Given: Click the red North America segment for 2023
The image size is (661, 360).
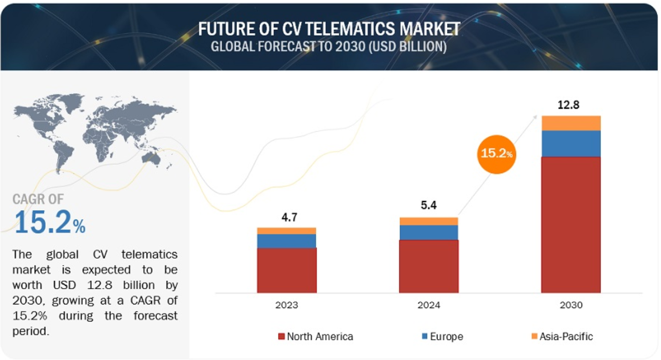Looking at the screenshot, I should [286, 270].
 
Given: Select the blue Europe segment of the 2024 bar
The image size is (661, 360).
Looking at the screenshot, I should [428, 232].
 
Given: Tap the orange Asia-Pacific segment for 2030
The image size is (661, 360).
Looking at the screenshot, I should [571, 123].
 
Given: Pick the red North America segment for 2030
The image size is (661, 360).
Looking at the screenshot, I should [571, 224].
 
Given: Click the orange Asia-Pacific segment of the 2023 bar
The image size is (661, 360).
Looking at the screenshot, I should [286, 231].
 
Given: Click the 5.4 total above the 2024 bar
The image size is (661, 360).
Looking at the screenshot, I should [428, 206].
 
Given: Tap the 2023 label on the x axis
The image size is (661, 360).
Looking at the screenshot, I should [286, 305].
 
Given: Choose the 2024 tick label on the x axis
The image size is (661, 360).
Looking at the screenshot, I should [428, 305].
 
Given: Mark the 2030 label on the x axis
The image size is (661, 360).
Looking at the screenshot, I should [571, 305].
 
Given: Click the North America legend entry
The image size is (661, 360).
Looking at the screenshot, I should [316, 337].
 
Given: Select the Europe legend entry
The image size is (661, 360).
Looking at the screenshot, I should [442, 337].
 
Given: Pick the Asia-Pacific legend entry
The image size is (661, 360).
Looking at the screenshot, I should [562, 337].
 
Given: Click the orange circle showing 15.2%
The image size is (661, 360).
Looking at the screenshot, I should [496, 154].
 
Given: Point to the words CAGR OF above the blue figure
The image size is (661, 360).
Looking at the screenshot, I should [38, 199].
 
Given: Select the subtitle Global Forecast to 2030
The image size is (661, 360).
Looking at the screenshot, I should [329, 47].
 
